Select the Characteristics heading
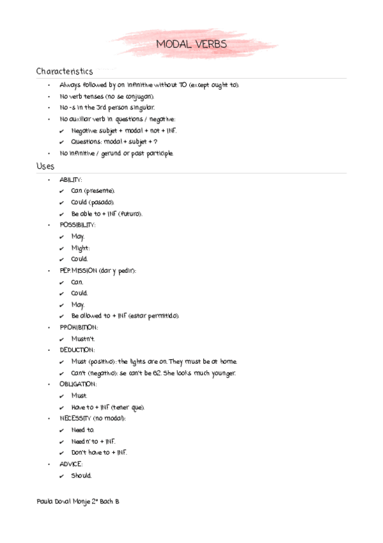tap(65, 71)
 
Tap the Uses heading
tap(45, 166)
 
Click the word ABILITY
tap(70, 179)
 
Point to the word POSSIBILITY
tap(77, 225)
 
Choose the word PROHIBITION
tap(78, 327)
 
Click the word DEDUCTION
tap(77, 350)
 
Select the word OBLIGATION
tap(77, 384)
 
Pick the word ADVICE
tap(71, 464)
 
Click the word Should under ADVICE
tap(81, 475)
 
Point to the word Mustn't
tap(83, 339)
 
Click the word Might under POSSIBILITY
tap(81, 248)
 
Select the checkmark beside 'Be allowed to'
tap(61, 316)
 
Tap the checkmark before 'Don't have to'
tap(61, 453)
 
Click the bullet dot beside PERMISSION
tap(49, 271)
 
